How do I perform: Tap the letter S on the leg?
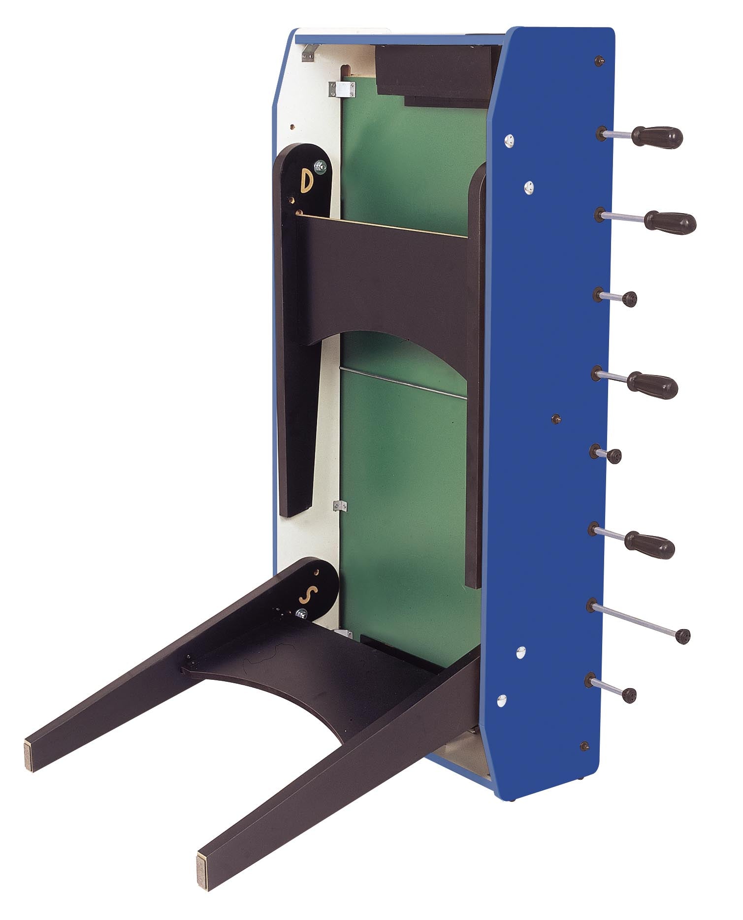coord(306,596)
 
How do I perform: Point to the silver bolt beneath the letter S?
coord(301,613)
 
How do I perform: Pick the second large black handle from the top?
coord(670,222)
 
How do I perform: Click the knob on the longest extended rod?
coord(683,636)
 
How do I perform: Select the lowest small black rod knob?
coord(629,696)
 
